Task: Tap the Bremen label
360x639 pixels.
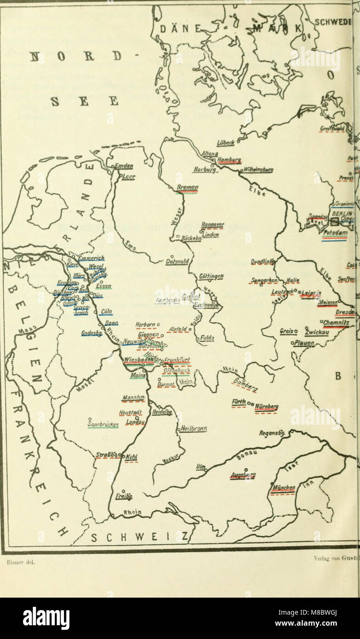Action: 187,188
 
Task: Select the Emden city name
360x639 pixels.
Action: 125,166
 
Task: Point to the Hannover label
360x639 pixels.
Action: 212,224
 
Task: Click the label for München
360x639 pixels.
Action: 283,487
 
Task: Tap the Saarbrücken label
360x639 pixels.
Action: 103,424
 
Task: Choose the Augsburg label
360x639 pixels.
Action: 243,475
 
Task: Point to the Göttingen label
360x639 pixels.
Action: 211,276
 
